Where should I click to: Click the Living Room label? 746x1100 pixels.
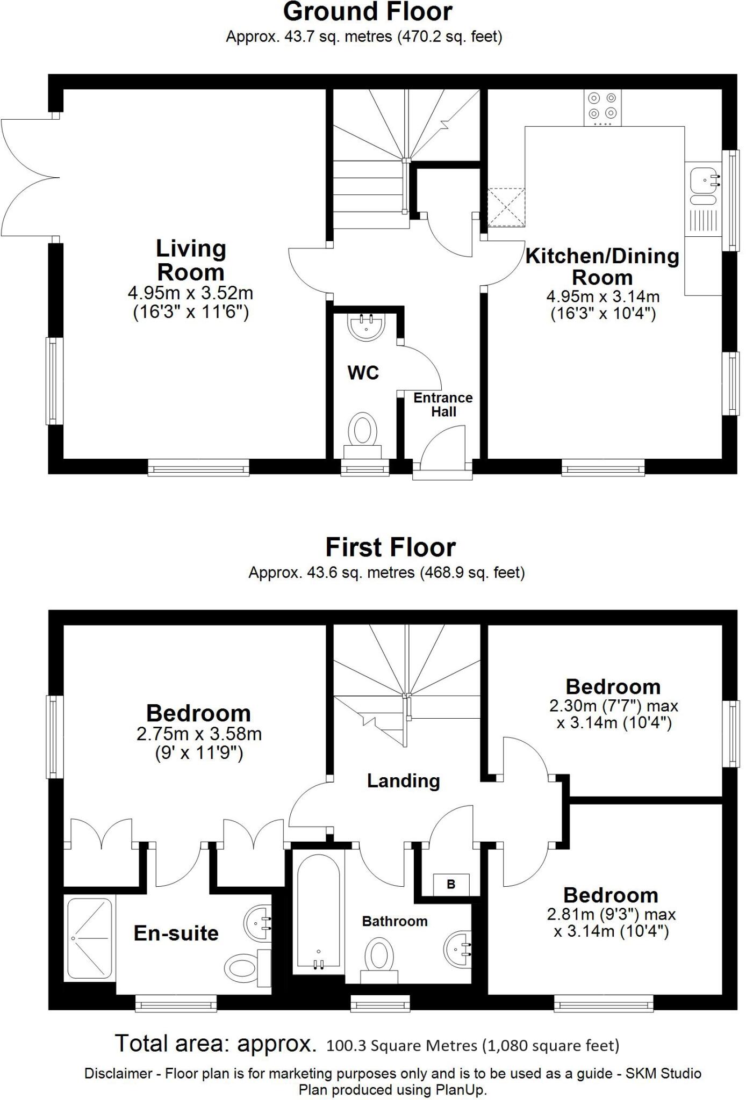tap(190, 260)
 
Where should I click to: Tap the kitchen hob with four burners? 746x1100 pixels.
tap(602, 106)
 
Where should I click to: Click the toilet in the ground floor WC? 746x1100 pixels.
tap(363, 432)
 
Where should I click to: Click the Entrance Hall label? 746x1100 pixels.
tap(443, 405)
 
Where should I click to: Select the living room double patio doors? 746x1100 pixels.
tap(30, 177)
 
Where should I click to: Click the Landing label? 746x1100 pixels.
tap(403, 781)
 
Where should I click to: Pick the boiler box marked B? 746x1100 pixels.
tap(451, 884)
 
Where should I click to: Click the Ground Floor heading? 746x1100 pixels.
tap(368, 12)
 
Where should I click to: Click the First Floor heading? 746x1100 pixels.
tap(391, 548)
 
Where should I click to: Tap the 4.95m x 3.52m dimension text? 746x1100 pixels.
tap(190, 293)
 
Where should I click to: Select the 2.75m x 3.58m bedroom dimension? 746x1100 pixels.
tap(199, 734)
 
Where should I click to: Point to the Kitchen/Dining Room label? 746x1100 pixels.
tap(602, 267)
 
